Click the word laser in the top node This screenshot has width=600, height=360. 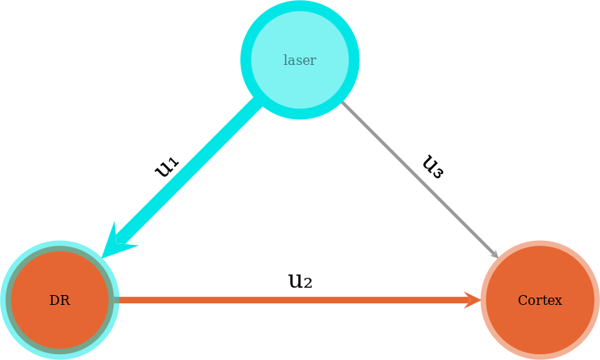[299, 60]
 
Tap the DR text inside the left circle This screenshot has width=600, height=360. [59, 301]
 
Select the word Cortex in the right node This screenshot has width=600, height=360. [539, 301]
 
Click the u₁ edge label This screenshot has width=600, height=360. [167, 166]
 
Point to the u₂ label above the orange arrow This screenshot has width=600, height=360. [300, 281]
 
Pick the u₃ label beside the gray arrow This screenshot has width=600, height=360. [432, 166]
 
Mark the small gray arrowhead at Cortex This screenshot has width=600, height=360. [495, 254]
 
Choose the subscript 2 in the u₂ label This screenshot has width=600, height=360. [307, 284]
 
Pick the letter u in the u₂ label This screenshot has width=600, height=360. [295, 281]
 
